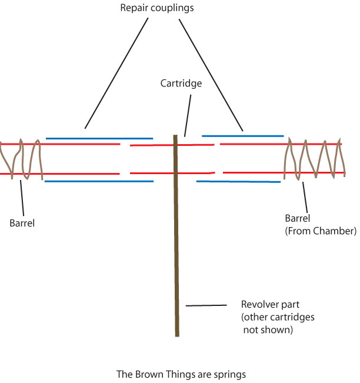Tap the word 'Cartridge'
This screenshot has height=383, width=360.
click(x=181, y=84)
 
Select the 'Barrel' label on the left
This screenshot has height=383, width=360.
click(x=23, y=223)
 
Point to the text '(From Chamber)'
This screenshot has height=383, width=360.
click(x=321, y=231)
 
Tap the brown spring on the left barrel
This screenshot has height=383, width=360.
click(x=26, y=159)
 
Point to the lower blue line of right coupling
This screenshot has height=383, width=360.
click(x=238, y=182)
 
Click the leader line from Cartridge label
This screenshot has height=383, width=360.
click(x=188, y=115)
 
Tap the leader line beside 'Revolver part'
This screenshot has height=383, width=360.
click(x=206, y=305)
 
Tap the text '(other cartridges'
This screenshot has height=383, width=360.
click(x=278, y=317)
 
